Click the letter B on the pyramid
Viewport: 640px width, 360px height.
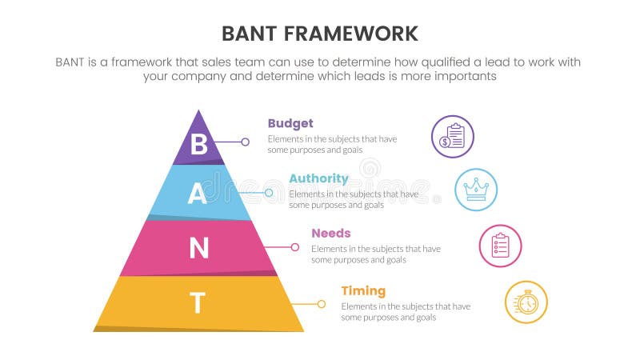click(x=199, y=144)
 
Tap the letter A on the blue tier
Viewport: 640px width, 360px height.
click(x=197, y=194)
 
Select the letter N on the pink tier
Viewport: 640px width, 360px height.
click(x=198, y=249)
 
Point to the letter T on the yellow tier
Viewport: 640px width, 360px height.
click(x=198, y=303)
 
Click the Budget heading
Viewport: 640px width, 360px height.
click(x=290, y=123)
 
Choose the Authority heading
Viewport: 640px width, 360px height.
click(x=318, y=178)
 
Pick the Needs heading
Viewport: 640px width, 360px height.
click(x=330, y=234)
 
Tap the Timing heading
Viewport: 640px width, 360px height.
click(x=363, y=290)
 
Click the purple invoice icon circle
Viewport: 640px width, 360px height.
click(x=452, y=136)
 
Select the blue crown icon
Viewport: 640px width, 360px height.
click(x=476, y=190)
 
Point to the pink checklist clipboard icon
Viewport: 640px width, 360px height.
click(x=500, y=245)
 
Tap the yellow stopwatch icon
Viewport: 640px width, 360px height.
click(x=526, y=302)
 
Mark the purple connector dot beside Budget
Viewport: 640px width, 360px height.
click(x=245, y=142)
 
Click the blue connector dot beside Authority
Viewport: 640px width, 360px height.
click(x=268, y=193)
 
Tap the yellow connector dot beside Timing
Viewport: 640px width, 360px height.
click(x=321, y=304)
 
